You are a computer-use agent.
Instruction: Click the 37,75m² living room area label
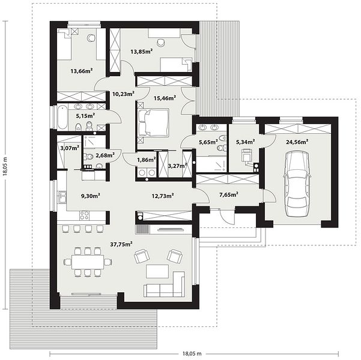point(121,244)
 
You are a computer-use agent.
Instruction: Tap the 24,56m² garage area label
point(297,142)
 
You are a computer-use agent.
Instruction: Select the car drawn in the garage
point(297,184)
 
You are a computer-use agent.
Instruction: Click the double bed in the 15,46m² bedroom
point(153,122)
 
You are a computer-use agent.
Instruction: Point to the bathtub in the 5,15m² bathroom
point(62,118)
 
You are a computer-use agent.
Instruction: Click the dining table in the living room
point(88,262)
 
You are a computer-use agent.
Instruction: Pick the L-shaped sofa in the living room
point(165,284)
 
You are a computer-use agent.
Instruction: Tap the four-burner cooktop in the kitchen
point(85,215)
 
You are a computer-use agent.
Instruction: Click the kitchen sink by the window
point(62,197)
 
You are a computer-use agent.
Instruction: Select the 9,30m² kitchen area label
point(91,196)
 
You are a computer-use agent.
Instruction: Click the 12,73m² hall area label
point(163,196)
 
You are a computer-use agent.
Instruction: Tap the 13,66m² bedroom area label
point(82,71)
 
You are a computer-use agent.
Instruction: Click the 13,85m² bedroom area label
point(142,51)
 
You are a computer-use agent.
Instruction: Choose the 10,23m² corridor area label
point(123,94)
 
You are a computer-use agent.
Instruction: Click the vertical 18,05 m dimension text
point(5,166)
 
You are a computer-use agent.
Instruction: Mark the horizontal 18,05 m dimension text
point(192,353)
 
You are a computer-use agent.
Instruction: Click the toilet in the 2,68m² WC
point(89,157)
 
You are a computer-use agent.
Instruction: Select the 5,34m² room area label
point(246,142)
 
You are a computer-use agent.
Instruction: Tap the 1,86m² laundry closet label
point(147,160)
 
